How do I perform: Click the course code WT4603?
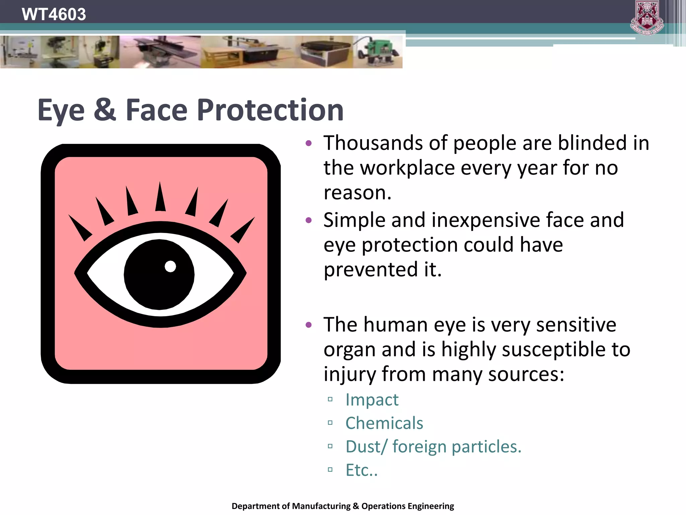(54, 14)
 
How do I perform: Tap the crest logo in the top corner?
(647, 18)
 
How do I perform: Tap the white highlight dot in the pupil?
(170, 267)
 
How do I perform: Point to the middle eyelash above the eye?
(160, 197)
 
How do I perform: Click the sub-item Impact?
(372, 400)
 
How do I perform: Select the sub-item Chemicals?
(384, 423)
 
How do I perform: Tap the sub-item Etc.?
(361, 470)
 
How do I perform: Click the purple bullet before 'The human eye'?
(308, 325)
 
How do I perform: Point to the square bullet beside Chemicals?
(330, 423)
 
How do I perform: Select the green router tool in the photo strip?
(379, 52)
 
